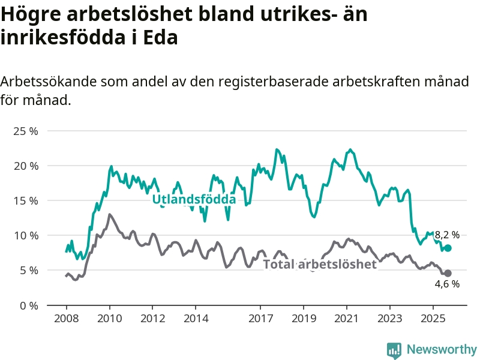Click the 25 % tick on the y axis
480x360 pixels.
(26, 131)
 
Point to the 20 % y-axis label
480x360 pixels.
(26, 166)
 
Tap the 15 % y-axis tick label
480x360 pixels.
(26, 200)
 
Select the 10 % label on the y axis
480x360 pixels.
(26, 235)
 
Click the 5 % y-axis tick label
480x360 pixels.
(29, 270)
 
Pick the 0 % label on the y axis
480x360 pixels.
(29, 305)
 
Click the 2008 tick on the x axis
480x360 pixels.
(65, 318)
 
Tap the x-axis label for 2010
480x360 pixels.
(109, 318)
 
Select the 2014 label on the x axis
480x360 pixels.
(196, 318)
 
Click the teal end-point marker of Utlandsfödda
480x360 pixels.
(448, 248)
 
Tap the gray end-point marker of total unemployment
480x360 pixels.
(448, 274)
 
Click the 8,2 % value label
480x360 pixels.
(447, 235)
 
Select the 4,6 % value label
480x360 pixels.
(447, 284)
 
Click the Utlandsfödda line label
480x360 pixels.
(194, 199)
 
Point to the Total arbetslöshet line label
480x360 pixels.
(320, 265)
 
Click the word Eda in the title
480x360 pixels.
(163, 37)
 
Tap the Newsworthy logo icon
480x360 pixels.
(394, 349)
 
